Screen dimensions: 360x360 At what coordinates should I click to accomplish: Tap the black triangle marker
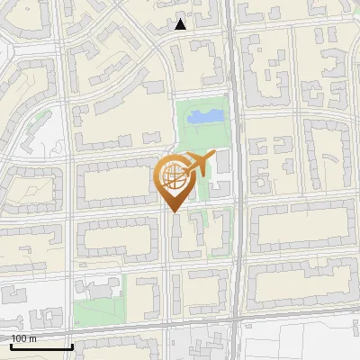[181, 24]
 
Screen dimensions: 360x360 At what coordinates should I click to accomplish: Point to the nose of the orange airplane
[214, 157]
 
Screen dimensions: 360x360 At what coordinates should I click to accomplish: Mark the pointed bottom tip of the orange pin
[174, 212]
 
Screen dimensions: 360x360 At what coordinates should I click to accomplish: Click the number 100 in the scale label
[18, 338]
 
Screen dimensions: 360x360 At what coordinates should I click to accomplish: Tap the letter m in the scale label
[32, 338]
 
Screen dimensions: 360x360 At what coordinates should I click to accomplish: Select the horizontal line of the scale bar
[41, 346]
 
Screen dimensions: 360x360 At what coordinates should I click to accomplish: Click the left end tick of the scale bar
[11, 345]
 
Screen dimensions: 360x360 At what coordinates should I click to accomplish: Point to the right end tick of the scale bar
[72, 345]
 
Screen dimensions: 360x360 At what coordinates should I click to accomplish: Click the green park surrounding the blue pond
[191, 135]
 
